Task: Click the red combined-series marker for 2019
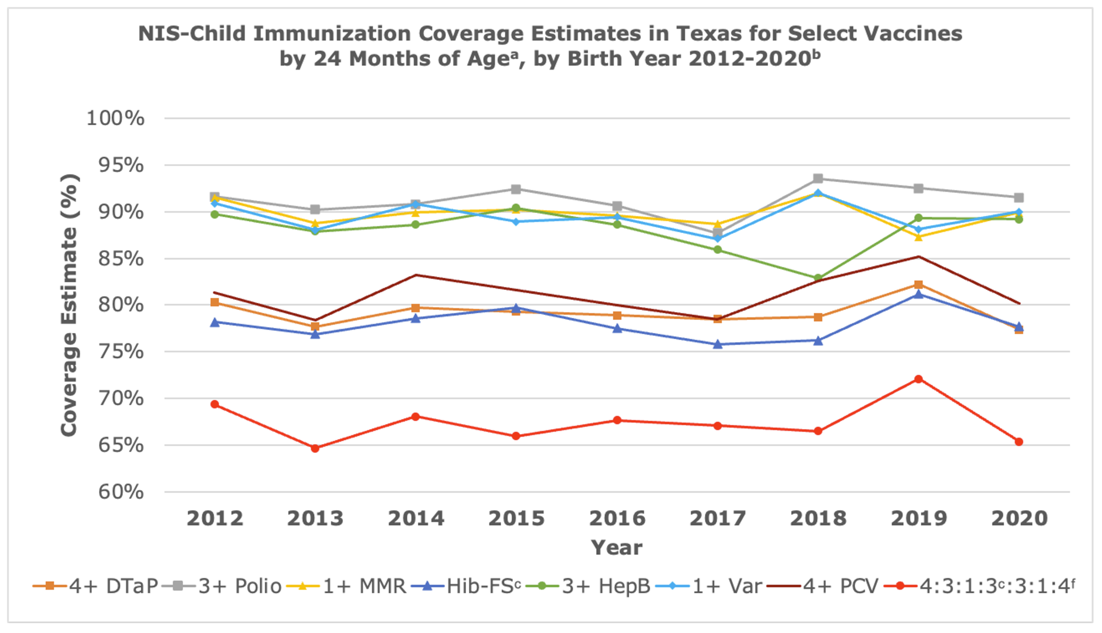click(x=919, y=379)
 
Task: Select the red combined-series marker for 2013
click(x=315, y=449)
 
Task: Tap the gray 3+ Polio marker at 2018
click(x=818, y=179)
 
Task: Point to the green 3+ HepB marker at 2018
click(x=818, y=279)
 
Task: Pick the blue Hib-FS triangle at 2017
click(x=718, y=345)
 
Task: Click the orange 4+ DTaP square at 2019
click(x=919, y=285)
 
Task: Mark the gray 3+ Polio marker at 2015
click(x=516, y=189)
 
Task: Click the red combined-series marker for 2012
click(x=215, y=405)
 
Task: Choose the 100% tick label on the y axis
click(x=115, y=118)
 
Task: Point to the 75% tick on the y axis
click(x=121, y=352)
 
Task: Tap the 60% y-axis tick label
click(x=121, y=492)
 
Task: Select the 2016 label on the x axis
click(x=617, y=519)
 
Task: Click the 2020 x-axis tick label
click(x=1019, y=519)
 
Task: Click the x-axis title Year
click(x=617, y=548)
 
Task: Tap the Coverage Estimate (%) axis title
click(x=70, y=305)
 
